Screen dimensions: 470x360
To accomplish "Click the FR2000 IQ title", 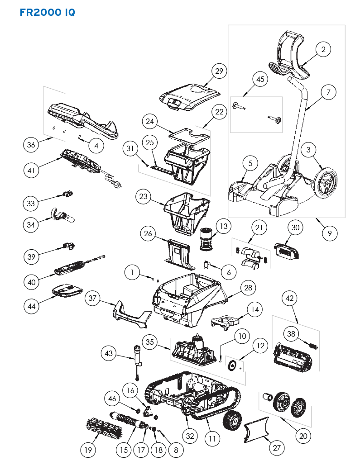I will pyautogui.click(x=47, y=12).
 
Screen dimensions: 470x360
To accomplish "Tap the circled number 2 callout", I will pyautogui.click(x=323, y=50).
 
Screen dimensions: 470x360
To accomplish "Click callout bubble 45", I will pyautogui.click(x=260, y=80).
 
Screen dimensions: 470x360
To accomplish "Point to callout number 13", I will pyautogui.click(x=223, y=225).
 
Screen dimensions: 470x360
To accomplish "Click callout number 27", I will pyautogui.click(x=276, y=448).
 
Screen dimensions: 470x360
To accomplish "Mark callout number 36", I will pyautogui.click(x=32, y=145).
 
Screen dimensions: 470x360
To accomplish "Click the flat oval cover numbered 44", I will pyautogui.click(x=67, y=290).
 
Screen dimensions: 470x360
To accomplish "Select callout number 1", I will pyautogui.click(x=132, y=272).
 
